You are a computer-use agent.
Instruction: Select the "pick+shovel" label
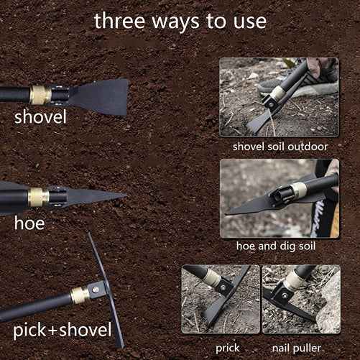[63, 331]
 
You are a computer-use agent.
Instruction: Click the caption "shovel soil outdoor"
[280, 146]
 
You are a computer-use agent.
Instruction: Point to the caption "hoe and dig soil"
[279, 246]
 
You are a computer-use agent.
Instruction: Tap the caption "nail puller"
[300, 347]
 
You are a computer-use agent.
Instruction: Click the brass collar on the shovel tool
[41, 94]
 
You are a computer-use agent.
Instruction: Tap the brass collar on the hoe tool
[39, 196]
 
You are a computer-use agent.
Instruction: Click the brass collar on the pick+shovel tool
[79, 295]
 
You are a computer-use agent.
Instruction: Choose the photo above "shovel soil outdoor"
[279, 98]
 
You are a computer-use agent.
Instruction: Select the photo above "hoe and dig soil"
[279, 198]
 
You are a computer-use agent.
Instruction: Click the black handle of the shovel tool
[14, 94]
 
